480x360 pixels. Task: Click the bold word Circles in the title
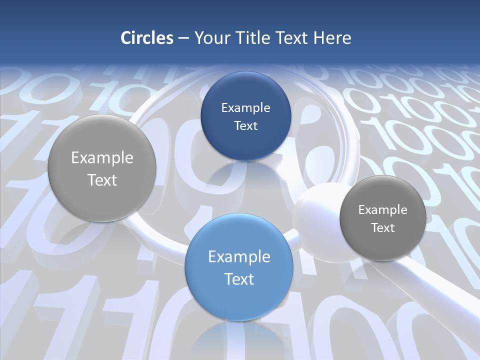coord(146,38)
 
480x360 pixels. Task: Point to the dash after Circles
coord(183,38)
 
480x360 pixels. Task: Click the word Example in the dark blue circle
coord(245,107)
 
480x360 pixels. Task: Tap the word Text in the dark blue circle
coord(245,125)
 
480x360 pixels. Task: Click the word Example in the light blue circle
coord(239,256)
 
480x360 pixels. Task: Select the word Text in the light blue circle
coord(239,279)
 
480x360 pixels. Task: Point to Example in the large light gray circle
coord(102,158)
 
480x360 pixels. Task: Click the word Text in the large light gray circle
coord(102,180)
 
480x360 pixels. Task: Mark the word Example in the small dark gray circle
coord(383,209)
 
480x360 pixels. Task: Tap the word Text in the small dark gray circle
coord(383,227)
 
